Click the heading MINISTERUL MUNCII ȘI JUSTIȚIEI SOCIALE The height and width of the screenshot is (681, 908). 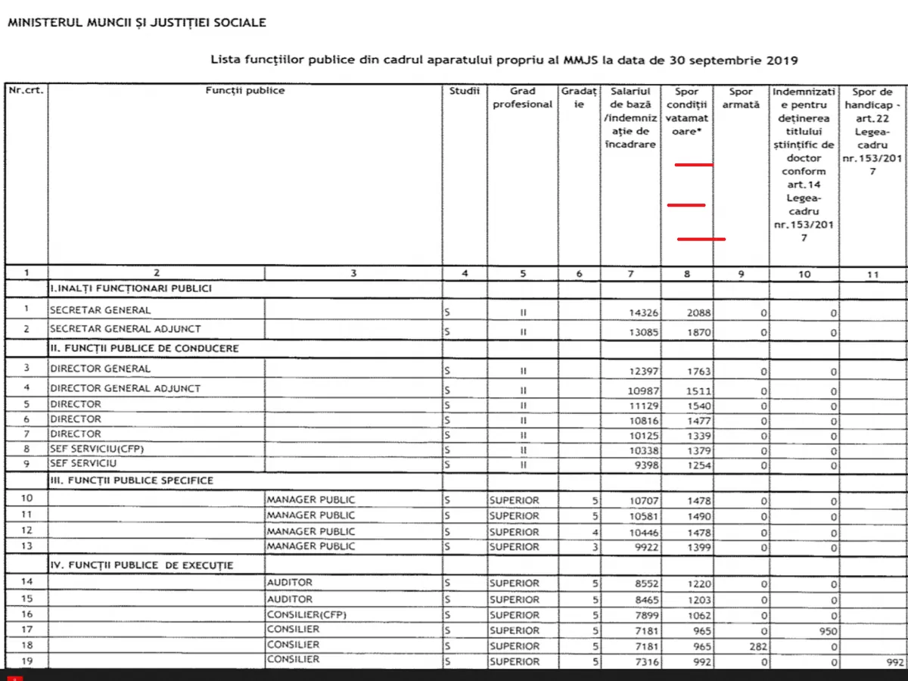pos(136,23)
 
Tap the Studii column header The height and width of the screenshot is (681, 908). pos(465,91)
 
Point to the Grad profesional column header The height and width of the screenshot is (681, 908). pos(522,98)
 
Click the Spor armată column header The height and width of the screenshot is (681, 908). pos(741,98)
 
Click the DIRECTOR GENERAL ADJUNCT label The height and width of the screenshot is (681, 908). pos(126,388)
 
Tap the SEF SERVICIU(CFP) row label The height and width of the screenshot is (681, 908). pos(97,449)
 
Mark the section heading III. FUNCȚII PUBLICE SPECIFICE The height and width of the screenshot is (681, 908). pos(132,480)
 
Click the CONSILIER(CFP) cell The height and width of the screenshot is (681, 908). pos(306,614)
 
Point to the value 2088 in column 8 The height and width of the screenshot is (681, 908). pos(699,312)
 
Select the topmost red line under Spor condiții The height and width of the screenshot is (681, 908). pos(693,164)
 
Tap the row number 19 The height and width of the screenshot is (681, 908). pos(26,660)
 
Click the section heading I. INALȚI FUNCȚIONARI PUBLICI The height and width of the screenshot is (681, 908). pos(131,288)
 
